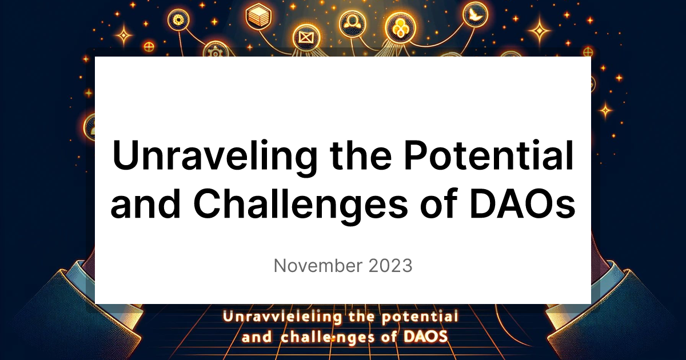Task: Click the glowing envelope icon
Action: (x=304, y=39)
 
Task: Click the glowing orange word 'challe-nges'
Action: (x=326, y=336)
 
